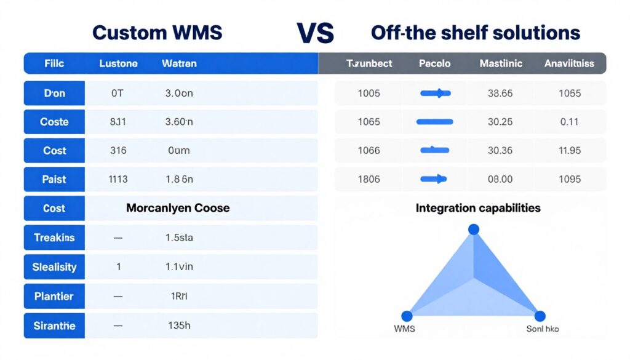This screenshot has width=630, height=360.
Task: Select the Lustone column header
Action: click(118, 63)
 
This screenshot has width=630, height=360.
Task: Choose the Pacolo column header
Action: click(434, 63)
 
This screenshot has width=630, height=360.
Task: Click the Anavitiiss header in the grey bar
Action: click(569, 63)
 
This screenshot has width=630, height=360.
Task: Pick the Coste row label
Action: click(54, 122)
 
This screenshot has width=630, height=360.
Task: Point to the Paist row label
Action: click(54, 179)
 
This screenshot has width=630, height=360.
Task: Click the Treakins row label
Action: click(54, 238)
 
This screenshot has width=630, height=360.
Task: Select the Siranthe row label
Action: click(54, 326)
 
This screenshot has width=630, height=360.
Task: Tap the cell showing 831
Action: click(118, 122)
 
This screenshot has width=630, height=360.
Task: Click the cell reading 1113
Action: click(118, 179)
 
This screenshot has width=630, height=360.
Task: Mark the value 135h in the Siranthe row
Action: click(179, 326)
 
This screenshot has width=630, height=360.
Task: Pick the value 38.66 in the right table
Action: click(500, 94)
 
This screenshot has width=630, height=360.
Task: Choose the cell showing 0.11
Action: click(570, 122)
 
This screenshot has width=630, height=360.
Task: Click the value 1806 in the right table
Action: click(369, 179)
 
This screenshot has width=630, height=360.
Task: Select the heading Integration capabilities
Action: click(478, 208)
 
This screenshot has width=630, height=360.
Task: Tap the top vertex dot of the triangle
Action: click(473, 230)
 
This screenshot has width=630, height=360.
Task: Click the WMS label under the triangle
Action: click(404, 329)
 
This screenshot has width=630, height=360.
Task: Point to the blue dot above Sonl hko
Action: click(540, 316)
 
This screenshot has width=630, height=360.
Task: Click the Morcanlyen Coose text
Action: click(178, 208)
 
